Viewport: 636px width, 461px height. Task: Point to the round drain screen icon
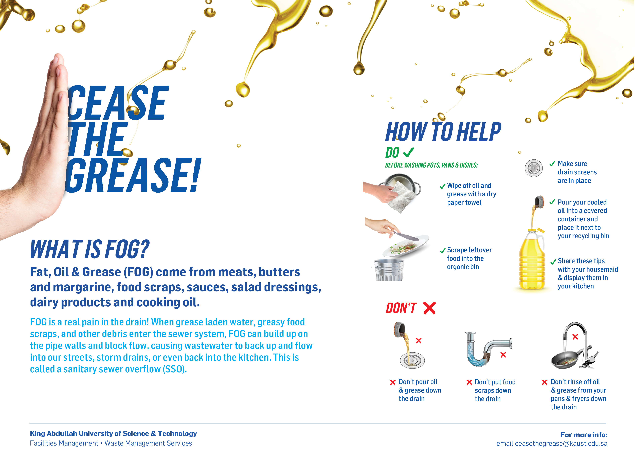(534, 168)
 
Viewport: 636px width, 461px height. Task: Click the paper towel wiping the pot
(402, 198)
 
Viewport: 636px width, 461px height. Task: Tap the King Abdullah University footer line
(113, 434)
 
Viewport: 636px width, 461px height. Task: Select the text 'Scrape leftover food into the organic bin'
(469, 259)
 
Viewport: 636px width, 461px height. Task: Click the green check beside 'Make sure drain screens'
(552, 164)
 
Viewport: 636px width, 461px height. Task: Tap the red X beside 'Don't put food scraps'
(469, 382)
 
